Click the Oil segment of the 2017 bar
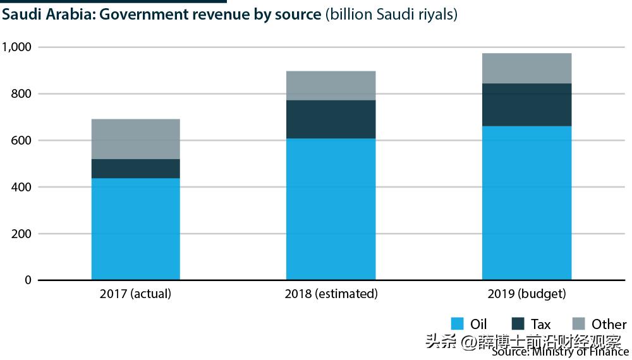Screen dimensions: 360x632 pyautogui.click(x=135, y=229)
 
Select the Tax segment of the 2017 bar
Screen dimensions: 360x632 pyautogui.click(x=135, y=169)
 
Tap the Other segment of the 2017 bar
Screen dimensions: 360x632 pyautogui.click(x=135, y=139)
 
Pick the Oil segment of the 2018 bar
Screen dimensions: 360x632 pyautogui.click(x=331, y=209)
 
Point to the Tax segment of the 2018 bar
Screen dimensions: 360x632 pyautogui.click(x=331, y=119)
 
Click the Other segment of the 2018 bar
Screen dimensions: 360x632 pyautogui.click(x=331, y=85)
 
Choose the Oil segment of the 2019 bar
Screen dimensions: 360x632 pyautogui.click(x=526, y=203)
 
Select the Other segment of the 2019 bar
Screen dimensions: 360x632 pyautogui.click(x=526, y=68)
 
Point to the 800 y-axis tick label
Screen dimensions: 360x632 pyautogui.click(x=21, y=94)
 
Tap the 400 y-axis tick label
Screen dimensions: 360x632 pyautogui.click(x=21, y=187)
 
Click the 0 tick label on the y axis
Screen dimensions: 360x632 pyautogui.click(x=27, y=280)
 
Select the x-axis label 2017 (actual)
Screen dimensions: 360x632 pyautogui.click(x=135, y=294)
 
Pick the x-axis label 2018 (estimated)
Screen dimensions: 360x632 pyautogui.click(x=331, y=294)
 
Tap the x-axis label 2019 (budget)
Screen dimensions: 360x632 pyautogui.click(x=526, y=294)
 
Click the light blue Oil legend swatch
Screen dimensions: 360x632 pyautogui.click(x=458, y=324)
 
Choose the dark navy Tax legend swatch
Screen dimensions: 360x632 pyautogui.click(x=518, y=324)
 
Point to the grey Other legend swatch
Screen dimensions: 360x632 pyautogui.click(x=578, y=324)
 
